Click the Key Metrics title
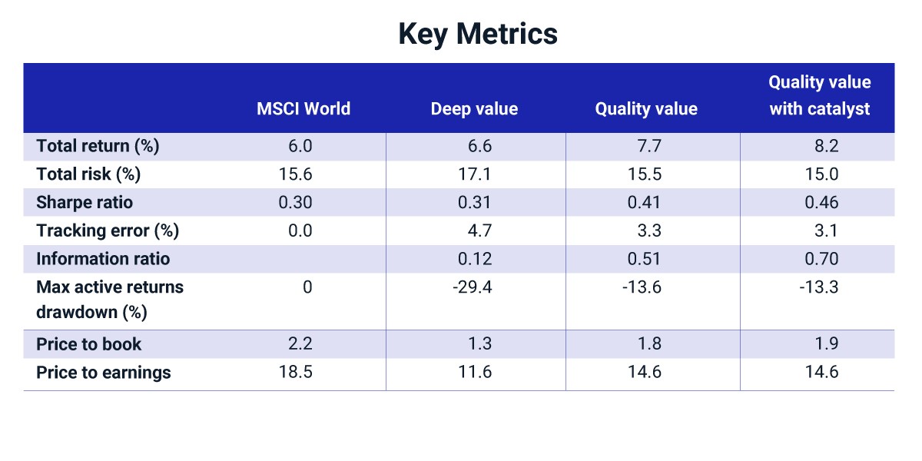click(478, 35)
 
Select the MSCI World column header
click(303, 109)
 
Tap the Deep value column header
click(474, 109)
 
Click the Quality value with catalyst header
click(820, 95)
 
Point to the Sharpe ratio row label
click(85, 203)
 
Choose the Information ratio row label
click(103, 259)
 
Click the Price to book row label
click(88, 344)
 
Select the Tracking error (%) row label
click(108, 231)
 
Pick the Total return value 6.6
click(479, 146)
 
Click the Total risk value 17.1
click(475, 174)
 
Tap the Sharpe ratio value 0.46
click(821, 203)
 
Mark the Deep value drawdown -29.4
click(472, 287)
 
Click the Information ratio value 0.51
click(644, 259)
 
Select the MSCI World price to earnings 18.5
click(296, 372)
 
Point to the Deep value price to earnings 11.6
click(475, 372)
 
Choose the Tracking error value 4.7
click(479, 231)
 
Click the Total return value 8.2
click(827, 146)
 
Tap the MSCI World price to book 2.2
click(300, 343)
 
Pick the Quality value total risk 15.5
click(645, 174)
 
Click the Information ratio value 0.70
click(821, 259)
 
